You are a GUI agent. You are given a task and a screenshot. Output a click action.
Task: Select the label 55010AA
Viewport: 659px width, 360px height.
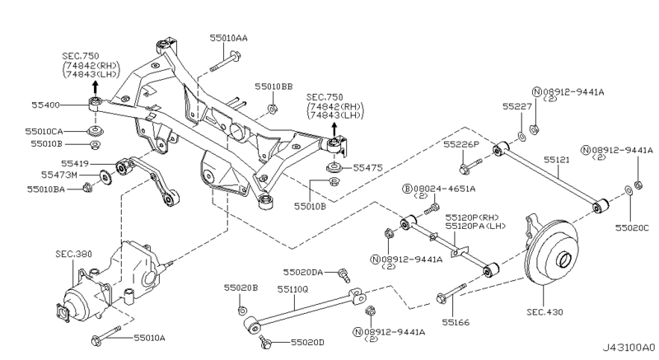point(228,38)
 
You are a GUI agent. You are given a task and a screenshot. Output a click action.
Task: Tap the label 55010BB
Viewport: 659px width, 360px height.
point(273,86)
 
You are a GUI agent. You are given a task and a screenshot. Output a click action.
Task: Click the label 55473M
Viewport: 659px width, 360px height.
point(62,175)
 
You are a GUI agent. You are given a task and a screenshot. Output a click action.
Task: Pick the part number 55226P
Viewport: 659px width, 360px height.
point(461,144)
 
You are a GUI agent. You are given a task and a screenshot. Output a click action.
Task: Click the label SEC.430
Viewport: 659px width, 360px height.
point(544,312)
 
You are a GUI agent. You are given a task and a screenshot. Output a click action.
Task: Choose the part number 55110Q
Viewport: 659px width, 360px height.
point(292,288)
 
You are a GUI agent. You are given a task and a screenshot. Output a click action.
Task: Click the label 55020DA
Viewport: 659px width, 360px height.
point(303,272)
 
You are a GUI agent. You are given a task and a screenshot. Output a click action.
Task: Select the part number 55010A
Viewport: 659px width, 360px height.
point(150,338)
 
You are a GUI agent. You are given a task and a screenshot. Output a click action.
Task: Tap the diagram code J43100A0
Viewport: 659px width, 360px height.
point(627,348)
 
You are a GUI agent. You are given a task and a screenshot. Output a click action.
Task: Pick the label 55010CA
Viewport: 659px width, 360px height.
point(44,131)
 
